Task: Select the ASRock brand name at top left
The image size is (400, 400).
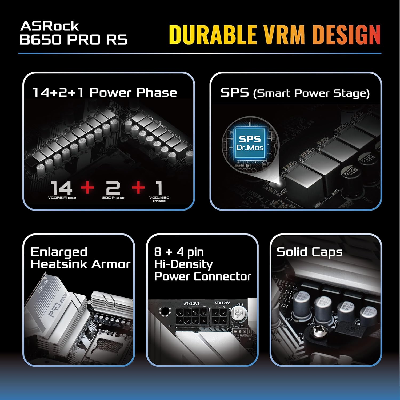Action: pyautogui.click(x=50, y=26)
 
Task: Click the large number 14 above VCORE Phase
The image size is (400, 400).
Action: pyautogui.click(x=61, y=188)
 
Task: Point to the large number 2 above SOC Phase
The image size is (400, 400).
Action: pyautogui.click(x=113, y=188)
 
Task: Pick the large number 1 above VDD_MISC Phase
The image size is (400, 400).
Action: pyautogui.click(x=159, y=188)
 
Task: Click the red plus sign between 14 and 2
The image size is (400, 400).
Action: pyautogui.click(x=87, y=187)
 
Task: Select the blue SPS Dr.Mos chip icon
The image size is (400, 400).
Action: pyautogui.click(x=250, y=144)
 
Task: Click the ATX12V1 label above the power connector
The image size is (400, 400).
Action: pyautogui.click(x=191, y=304)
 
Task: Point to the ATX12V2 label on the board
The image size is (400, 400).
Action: pyautogui.click(x=222, y=303)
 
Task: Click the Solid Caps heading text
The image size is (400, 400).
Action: pyautogui.click(x=309, y=252)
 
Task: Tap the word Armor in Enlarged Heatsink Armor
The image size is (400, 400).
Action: pyautogui.click(x=111, y=264)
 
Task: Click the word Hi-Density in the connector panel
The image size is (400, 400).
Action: pyautogui.click(x=183, y=264)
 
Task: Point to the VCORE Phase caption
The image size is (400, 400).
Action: pyautogui.click(x=62, y=198)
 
